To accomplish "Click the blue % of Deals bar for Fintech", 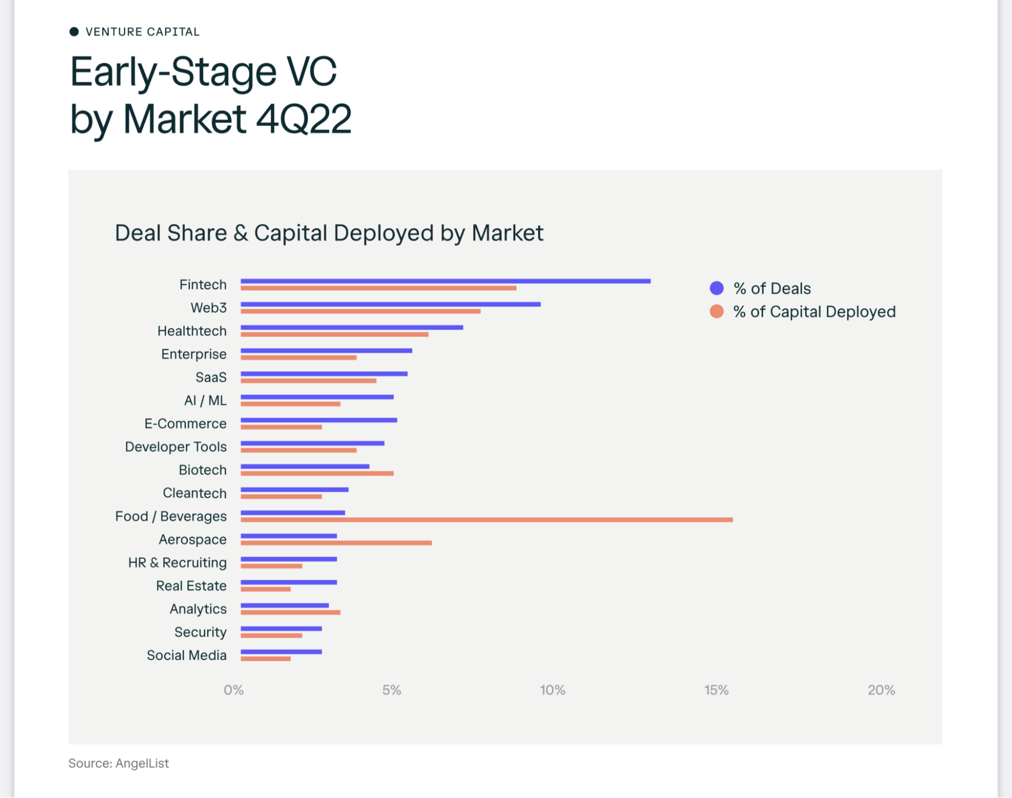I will click(x=446, y=281).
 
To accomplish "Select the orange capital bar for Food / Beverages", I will click(x=486, y=520).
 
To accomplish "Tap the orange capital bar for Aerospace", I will click(x=336, y=543).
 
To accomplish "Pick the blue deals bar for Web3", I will click(x=390, y=304).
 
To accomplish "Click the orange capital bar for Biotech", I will click(x=317, y=473).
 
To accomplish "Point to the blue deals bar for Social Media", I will click(x=281, y=652).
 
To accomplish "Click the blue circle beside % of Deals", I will click(x=716, y=288).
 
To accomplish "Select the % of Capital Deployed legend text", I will click(x=814, y=311).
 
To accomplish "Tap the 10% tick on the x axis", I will click(x=552, y=690).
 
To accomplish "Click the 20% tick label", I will click(x=881, y=690).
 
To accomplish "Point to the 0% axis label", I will click(x=233, y=690).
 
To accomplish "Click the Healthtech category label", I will click(x=192, y=331).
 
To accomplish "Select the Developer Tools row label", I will click(x=176, y=447).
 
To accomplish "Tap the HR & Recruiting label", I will click(x=177, y=563).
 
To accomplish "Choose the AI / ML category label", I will click(x=205, y=401).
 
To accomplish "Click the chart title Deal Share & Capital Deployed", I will click(x=329, y=233).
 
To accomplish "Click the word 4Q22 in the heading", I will click(x=304, y=119).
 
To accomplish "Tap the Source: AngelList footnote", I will click(x=118, y=763).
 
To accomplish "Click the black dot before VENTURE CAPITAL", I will click(x=74, y=32).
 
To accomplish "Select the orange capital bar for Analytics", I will click(x=290, y=613).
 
